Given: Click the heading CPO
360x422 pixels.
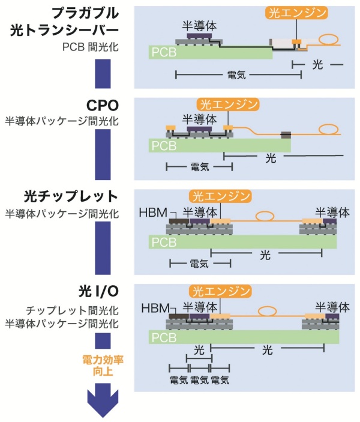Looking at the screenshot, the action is click(102, 106).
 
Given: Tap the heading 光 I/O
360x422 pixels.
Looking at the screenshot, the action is click(98, 291).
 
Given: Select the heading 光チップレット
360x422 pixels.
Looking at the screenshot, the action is click(71, 196).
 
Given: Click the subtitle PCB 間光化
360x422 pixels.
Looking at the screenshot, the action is click(91, 47).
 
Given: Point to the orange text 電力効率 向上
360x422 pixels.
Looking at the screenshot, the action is click(103, 366).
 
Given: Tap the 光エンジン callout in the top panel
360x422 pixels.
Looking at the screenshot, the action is click(297, 13).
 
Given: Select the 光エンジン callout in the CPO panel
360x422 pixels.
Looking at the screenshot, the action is click(228, 104).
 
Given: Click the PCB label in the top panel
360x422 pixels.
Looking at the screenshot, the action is click(164, 52).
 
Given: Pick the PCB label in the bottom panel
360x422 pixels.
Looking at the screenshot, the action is click(164, 337).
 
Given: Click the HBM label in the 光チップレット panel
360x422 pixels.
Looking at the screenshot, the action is click(153, 213).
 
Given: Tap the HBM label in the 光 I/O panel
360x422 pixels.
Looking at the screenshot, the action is click(155, 308).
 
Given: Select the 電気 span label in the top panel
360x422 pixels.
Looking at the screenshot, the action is click(236, 75).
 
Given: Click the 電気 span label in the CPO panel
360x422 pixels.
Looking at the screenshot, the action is click(200, 167).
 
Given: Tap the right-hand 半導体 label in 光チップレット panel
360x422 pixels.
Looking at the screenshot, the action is click(332, 213).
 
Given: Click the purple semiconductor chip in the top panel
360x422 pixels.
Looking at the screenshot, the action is click(199, 35).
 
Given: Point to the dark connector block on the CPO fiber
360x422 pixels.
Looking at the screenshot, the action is click(286, 135).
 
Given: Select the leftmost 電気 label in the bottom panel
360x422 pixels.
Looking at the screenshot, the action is click(179, 380).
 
